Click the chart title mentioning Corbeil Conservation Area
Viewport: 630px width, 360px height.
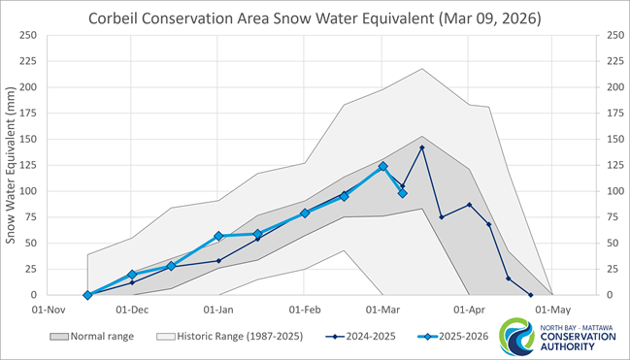314,18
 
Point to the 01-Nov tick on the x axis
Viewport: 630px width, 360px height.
46,311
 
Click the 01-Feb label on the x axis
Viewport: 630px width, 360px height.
305,311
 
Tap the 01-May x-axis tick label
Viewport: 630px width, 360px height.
553,311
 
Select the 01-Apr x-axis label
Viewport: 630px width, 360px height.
469,311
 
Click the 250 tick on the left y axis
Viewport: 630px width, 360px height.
27,35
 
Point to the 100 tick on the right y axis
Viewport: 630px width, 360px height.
613,191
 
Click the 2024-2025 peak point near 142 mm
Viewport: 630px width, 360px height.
421,147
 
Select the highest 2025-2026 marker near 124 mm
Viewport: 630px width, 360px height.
382,166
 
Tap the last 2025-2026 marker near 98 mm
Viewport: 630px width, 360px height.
402,193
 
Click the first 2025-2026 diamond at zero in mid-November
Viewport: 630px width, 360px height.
87,295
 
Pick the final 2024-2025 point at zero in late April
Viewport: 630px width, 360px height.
530,295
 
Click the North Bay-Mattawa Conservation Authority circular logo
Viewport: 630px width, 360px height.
514,337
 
